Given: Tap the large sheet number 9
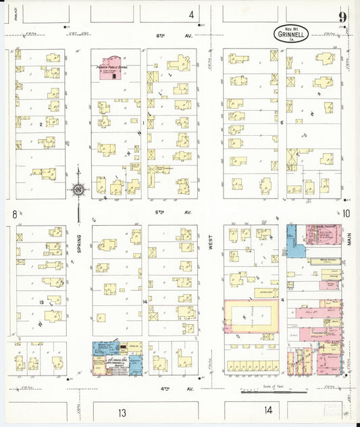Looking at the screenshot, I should pos(343,18).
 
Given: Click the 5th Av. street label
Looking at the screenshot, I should pos(159,213).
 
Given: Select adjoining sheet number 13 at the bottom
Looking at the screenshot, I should pos(122,411).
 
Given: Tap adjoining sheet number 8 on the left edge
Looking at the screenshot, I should pos(14,214).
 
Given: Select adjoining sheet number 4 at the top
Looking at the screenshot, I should pos(191,14).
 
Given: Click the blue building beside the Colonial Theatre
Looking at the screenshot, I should pos(294,240).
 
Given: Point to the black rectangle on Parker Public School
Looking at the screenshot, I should pos(115,75).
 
